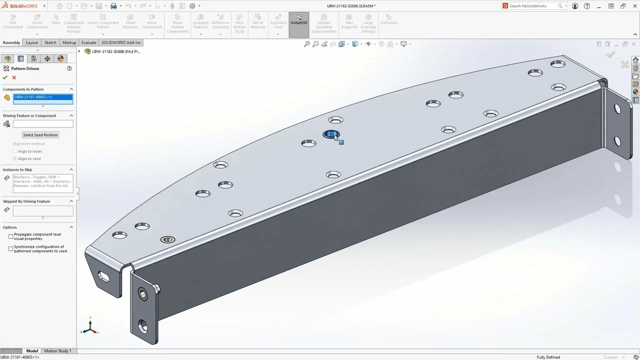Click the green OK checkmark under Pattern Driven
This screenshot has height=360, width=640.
tap(5, 77)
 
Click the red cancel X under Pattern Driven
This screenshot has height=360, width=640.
tap(14, 77)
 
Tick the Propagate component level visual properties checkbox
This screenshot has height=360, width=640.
tap(11, 236)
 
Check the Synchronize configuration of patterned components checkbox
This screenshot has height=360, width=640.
tap(11, 248)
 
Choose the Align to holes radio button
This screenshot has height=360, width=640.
tap(15, 151)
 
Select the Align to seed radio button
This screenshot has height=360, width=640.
tap(15, 158)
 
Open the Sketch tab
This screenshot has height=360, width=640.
tap(50, 42)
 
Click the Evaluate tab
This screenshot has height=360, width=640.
tap(88, 42)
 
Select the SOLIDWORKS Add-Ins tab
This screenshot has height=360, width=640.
tap(121, 42)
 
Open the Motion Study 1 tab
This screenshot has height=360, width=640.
tap(57, 351)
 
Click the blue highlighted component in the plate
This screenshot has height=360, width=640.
tap(331, 134)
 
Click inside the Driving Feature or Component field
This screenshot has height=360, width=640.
tap(43, 124)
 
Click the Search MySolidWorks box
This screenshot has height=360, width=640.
tap(532, 6)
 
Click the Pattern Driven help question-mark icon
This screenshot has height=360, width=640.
tap(69, 68)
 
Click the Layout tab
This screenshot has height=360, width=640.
tap(31, 42)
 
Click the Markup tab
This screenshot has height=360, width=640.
tap(69, 42)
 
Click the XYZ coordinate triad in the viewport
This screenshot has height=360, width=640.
tap(90, 327)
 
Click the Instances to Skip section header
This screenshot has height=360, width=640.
tap(17, 169)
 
